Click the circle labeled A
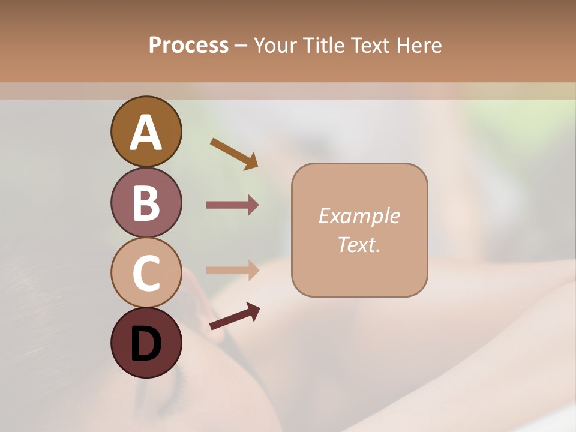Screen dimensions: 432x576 146,131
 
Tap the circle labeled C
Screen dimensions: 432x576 146,272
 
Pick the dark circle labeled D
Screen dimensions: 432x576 146,343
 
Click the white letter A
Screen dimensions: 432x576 146,133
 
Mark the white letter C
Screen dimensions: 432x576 146,273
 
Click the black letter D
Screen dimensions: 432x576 146,344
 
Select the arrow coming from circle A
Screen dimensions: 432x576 234,154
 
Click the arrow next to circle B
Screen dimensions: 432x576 232,205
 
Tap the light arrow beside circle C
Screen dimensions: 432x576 232,270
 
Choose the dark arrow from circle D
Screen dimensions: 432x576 235,316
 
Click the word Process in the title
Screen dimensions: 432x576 188,46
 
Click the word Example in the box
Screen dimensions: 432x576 359,216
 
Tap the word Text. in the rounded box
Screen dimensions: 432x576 359,245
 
